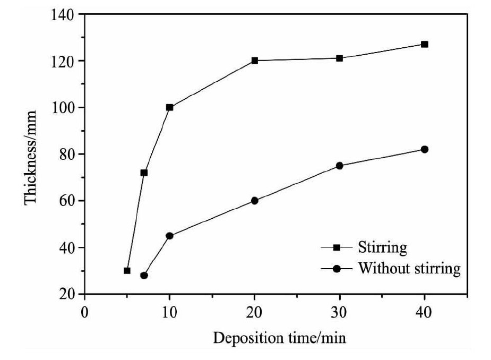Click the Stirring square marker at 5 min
(127, 271)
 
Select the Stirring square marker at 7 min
(144, 173)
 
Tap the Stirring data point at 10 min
(170, 107)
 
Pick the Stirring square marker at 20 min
(255, 61)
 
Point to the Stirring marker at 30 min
(340, 58)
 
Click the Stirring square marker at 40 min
(425, 44)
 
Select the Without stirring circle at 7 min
(144, 276)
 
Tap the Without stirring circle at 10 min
(170, 236)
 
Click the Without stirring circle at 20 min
(255, 201)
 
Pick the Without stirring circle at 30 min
(340, 166)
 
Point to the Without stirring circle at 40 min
(425, 149)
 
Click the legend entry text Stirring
(383, 247)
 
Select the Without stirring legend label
(409, 268)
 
